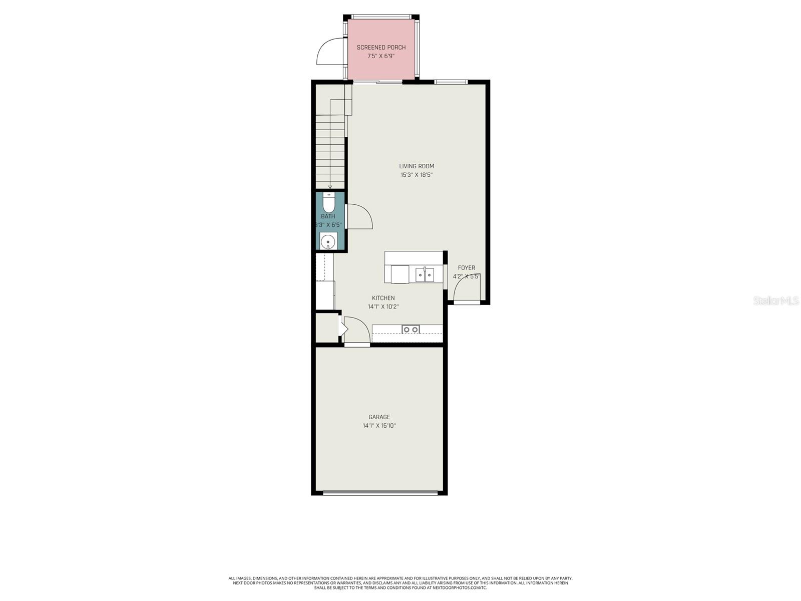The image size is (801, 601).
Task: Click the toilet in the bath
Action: click(x=328, y=203)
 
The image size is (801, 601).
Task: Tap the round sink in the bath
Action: click(x=328, y=241)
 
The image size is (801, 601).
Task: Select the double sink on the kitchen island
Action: click(x=425, y=275)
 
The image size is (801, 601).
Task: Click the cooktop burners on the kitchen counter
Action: click(x=411, y=329)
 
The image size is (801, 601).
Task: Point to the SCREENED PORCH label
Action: click(x=381, y=48)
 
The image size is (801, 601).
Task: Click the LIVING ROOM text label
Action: click(x=416, y=166)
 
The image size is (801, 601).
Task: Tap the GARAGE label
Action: click(x=379, y=417)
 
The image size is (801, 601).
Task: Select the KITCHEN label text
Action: click(x=383, y=298)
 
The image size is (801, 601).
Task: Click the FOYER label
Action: click(x=466, y=268)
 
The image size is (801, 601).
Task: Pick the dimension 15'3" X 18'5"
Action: click(x=416, y=175)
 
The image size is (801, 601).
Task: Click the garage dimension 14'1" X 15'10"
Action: click(x=379, y=426)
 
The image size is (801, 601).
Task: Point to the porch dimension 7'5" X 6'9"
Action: click(x=381, y=56)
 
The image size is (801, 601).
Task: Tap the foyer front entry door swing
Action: click(x=466, y=289)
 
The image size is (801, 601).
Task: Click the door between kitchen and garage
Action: click(x=357, y=331)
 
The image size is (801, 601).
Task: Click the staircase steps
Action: click(x=330, y=150)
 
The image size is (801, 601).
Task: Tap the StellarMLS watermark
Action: click(x=775, y=301)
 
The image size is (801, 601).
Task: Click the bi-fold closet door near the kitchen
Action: click(x=344, y=328)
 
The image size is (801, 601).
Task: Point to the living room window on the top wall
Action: click(x=451, y=82)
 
